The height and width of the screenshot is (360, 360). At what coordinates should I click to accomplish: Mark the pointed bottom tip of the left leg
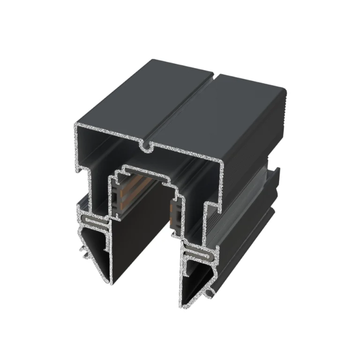(112, 283)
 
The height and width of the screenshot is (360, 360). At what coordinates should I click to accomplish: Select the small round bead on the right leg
(208, 292)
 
